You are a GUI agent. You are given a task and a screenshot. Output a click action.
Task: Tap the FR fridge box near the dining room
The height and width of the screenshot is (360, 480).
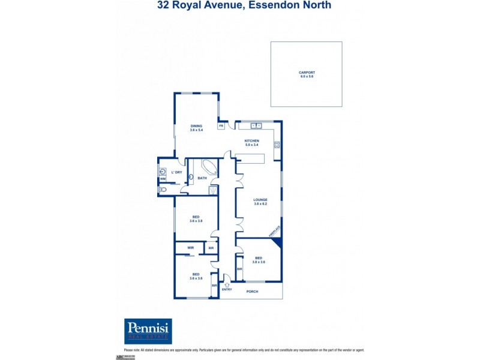(221, 125)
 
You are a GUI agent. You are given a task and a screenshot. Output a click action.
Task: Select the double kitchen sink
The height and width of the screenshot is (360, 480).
(256, 125)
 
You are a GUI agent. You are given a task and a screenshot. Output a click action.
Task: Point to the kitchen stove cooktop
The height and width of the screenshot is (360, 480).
(277, 144)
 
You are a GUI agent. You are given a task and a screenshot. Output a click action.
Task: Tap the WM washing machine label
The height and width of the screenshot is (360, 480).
(163, 179)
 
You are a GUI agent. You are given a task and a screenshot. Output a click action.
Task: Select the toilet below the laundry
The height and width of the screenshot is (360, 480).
(163, 190)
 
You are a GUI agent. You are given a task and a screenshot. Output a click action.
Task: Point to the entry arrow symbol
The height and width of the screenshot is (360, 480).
(226, 284)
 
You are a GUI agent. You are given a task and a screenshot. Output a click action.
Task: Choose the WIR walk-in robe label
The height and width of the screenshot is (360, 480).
(190, 247)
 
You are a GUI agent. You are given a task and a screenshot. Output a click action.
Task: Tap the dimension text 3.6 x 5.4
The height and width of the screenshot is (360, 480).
(196, 130)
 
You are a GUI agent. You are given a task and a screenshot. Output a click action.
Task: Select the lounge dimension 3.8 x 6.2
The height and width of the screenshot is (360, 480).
(260, 204)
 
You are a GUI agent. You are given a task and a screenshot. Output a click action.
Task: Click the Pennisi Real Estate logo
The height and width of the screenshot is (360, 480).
(148, 331)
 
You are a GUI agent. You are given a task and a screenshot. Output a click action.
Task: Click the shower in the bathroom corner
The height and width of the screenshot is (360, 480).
(212, 190)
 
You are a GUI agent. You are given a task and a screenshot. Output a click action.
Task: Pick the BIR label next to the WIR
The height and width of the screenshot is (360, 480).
(211, 247)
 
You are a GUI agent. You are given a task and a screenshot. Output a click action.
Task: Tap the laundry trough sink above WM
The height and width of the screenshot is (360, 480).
(163, 170)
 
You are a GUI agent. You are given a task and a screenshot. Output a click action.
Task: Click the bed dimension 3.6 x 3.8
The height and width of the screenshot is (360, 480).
(196, 221)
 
